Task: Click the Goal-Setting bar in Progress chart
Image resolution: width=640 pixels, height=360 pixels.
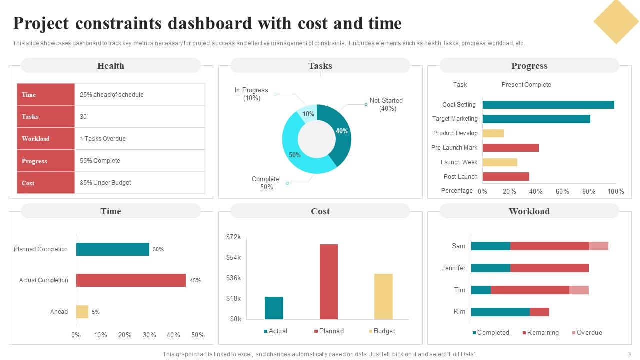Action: pos(548,105)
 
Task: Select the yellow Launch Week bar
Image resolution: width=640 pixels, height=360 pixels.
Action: pos(500,162)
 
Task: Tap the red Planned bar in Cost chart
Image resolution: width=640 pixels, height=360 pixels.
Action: pos(329,281)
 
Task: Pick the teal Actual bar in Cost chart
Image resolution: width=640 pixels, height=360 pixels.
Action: pos(274,308)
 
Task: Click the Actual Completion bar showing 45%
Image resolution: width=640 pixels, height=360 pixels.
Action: pos(131,280)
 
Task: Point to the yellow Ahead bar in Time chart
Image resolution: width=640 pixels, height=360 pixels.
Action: pos(82,312)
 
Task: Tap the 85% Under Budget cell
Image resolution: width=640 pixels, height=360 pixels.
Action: pos(140,183)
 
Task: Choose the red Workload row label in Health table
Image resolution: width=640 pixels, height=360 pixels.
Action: pos(46,139)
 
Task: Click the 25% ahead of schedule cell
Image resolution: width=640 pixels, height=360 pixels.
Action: pos(140,95)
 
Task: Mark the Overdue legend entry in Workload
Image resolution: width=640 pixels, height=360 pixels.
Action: pos(587,333)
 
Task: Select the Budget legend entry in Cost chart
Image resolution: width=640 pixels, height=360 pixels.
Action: pos(382,331)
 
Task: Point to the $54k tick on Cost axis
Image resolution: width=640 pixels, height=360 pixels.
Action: pos(233,258)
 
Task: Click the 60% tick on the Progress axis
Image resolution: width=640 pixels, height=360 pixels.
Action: pos(562,191)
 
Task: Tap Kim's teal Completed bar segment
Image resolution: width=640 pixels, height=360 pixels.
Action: pos(500,312)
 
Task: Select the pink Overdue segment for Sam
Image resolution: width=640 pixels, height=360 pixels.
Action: pos(598,246)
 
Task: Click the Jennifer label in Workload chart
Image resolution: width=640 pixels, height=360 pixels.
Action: pos(453,268)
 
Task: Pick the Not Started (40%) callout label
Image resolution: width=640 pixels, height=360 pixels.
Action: pos(386,105)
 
